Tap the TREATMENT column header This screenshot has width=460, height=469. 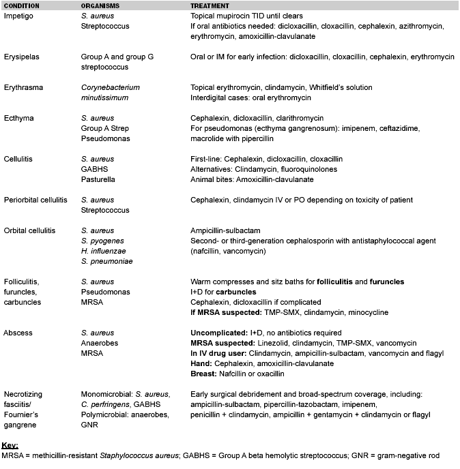210,5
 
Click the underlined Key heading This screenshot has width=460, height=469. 10,445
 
